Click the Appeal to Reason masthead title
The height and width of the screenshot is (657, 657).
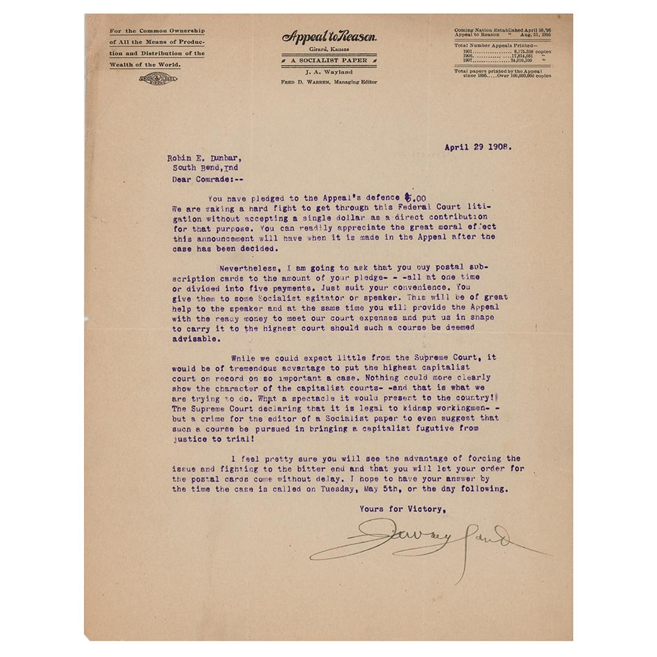(x=329, y=37)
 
